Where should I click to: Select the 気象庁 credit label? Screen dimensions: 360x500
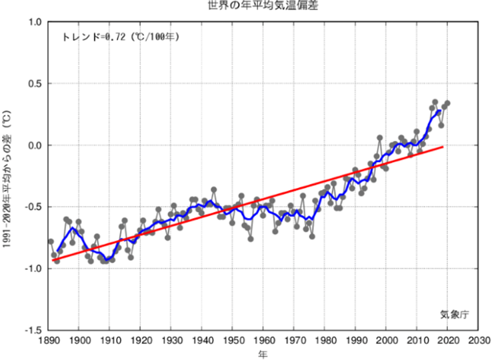[x=453, y=314]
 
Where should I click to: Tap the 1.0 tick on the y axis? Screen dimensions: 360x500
[x=35, y=22]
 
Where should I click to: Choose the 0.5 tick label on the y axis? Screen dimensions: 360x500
[x=35, y=84]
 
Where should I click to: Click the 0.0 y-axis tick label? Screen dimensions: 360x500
[x=35, y=145]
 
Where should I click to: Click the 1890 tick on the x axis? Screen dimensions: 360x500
[x=48, y=341]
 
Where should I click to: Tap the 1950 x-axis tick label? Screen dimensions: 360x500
[x=233, y=341]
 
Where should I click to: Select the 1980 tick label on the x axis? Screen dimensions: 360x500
[x=325, y=341]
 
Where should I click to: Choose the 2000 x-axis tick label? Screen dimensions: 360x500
[x=386, y=341]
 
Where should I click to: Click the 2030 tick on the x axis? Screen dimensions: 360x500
[x=478, y=341]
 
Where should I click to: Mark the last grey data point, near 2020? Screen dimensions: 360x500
[x=447, y=103]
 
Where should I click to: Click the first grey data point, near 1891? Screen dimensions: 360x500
[x=51, y=241]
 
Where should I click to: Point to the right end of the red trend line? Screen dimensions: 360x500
[x=443, y=147]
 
